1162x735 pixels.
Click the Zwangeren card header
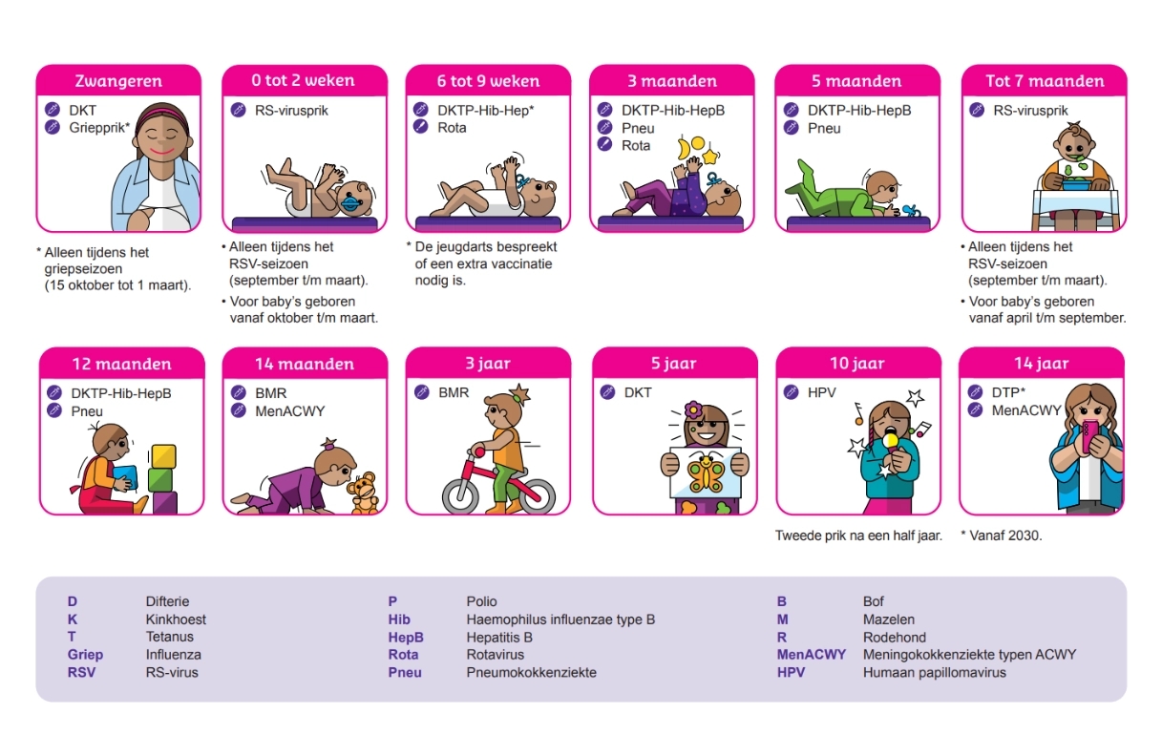tap(118, 81)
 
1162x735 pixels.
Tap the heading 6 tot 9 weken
tap(488, 81)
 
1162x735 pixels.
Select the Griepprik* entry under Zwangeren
tap(99, 128)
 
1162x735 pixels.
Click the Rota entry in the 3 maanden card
tap(636, 145)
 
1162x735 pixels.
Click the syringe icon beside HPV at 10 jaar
tap(791, 392)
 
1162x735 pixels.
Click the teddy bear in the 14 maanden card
tap(362, 492)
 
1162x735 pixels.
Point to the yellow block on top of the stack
tap(162, 455)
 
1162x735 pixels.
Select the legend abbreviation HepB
tap(406, 637)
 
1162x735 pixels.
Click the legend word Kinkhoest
tap(176, 619)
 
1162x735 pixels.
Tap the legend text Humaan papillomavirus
tap(934, 672)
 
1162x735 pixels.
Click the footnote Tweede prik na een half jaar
tap(858, 535)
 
